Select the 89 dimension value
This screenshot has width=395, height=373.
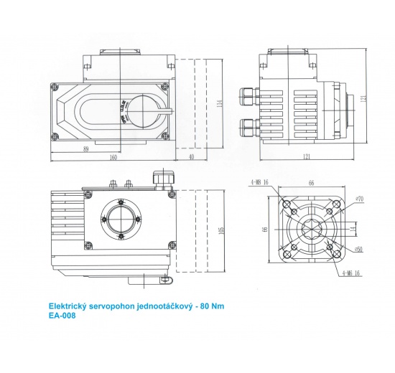tap(85, 148)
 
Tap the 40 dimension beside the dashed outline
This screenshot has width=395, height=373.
tap(190, 156)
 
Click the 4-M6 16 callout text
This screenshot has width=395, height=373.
tap(352, 273)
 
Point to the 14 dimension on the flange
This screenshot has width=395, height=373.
tap(352, 227)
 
